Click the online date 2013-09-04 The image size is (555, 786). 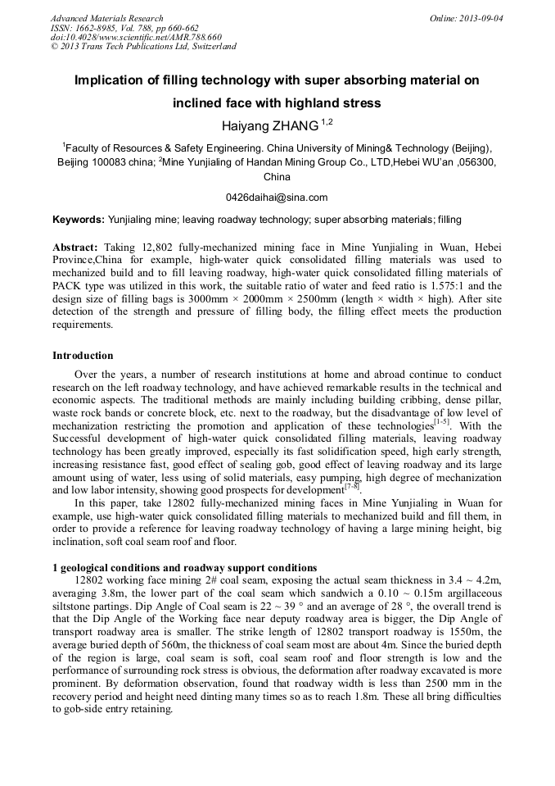pyautogui.click(x=481, y=18)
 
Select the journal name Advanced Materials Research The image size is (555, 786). pyautogui.click(x=107, y=18)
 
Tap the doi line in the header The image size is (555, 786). pyautogui.click(x=136, y=37)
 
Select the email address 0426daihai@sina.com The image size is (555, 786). pyautogui.click(x=277, y=198)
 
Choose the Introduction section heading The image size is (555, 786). pyautogui.click(x=83, y=356)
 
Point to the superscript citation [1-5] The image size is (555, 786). pyautogui.click(x=440, y=422)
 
